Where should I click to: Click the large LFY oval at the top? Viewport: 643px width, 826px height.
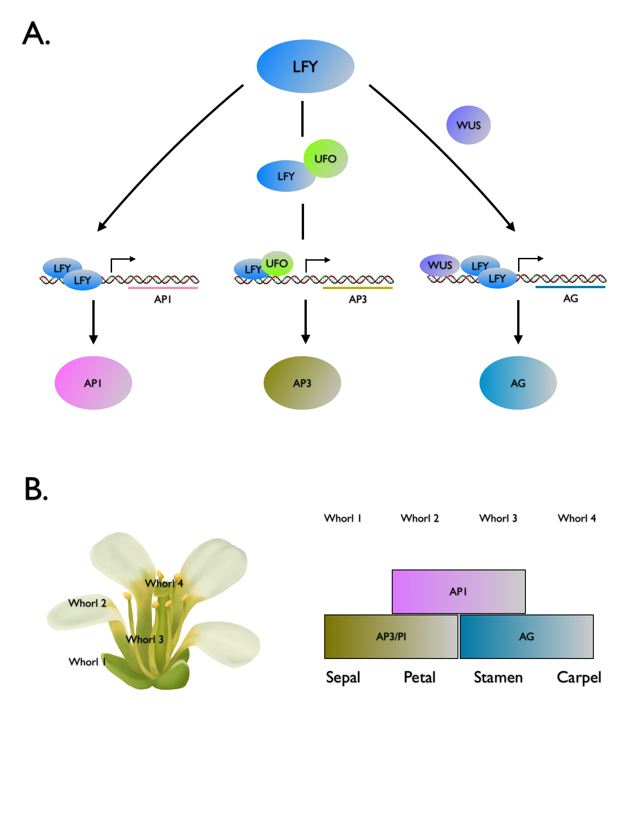[305, 67]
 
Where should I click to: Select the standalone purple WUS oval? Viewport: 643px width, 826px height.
[468, 125]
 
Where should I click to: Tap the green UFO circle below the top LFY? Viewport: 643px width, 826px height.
[326, 158]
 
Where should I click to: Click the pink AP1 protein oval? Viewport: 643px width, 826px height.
[93, 383]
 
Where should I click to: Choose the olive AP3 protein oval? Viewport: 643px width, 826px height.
[302, 383]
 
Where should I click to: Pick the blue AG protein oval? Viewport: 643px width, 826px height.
[518, 383]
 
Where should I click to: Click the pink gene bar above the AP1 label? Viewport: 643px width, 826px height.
[163, 288]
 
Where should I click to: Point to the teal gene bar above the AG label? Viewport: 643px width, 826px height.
[570, 287]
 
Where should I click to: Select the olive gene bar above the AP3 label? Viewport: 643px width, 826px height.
[358, 288]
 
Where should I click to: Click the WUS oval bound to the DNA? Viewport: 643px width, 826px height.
[440, 265]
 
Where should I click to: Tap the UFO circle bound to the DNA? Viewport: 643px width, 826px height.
[277, 263]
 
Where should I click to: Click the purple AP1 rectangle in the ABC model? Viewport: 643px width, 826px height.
[458, 592]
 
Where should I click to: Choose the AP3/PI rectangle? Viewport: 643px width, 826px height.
[391, 636]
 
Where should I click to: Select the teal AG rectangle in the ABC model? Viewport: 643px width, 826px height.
[526, 636]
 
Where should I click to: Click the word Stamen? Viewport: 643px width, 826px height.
[498, 677]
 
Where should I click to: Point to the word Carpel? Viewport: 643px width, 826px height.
[579, 677]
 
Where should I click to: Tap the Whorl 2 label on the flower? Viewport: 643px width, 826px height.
[87, 603]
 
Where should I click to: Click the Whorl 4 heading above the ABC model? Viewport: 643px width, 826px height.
[577, 518]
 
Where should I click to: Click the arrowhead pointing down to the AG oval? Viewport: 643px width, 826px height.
[518, 340]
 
